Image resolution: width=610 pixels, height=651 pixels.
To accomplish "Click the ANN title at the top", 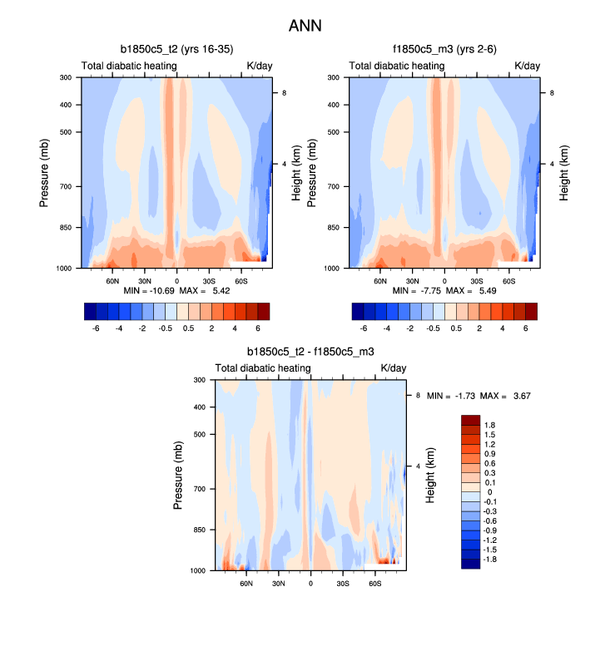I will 305,26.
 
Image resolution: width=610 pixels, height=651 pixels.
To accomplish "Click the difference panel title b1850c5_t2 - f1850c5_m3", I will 310,353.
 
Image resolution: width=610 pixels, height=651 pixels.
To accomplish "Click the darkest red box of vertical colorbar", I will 470,419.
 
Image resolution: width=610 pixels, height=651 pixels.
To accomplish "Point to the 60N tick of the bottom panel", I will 246,584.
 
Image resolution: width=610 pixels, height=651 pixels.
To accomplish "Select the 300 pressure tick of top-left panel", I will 67,78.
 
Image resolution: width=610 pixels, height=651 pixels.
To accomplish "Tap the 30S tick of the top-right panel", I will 477,283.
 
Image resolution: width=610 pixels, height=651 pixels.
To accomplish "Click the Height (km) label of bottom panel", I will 432,475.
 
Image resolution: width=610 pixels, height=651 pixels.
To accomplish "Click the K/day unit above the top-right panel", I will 527,66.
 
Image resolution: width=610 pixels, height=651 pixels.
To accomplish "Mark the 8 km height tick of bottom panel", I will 418,396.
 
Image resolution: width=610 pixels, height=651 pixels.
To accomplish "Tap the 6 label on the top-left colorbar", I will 259,328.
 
